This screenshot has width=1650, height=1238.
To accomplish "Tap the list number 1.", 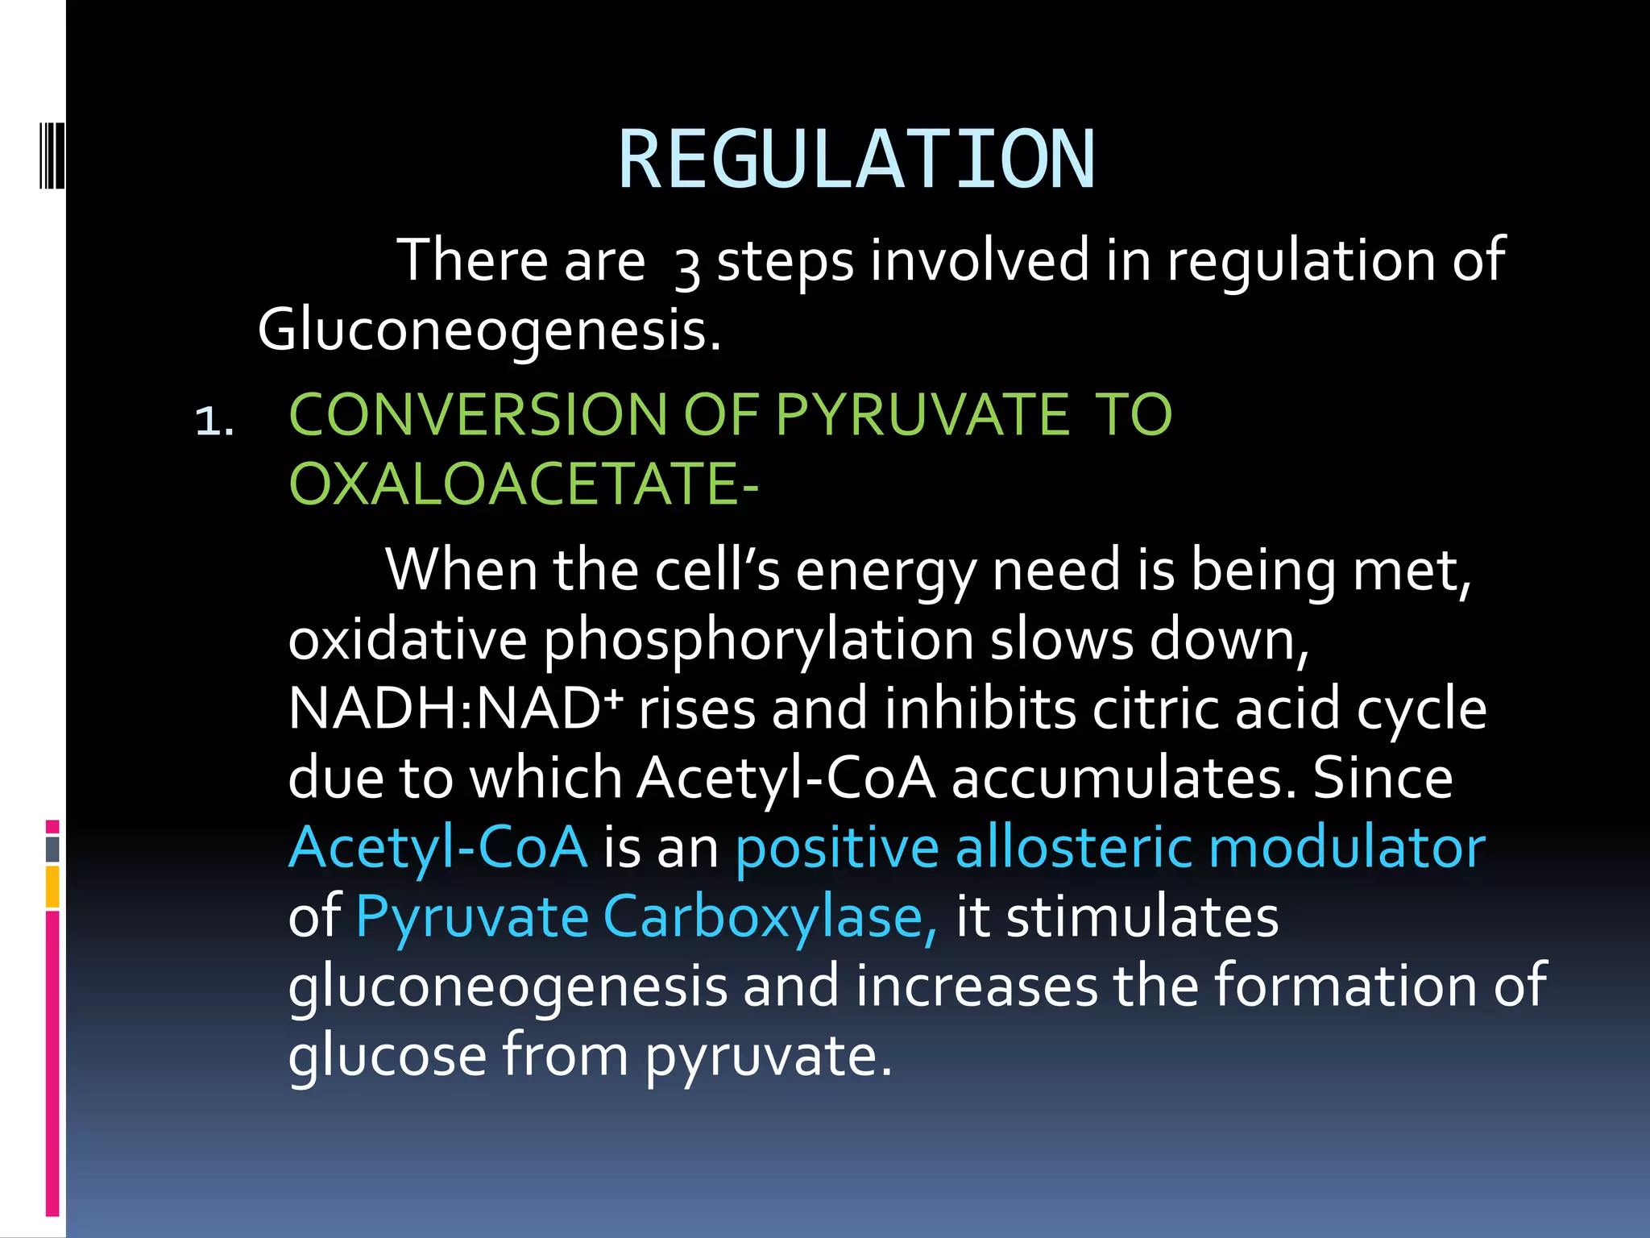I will (215, 421).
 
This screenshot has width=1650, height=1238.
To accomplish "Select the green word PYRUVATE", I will (922, 414).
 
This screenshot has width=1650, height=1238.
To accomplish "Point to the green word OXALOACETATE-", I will (524, 484).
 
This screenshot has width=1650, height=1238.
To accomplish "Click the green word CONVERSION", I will (478, 414).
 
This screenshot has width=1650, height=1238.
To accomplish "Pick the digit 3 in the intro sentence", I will (686, 266).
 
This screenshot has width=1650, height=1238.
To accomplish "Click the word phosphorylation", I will (758, 640).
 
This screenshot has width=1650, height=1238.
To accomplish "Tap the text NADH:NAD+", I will (456, 709).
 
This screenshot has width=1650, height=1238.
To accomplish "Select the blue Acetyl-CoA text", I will (438, 848).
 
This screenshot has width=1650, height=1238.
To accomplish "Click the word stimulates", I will (1142, 917).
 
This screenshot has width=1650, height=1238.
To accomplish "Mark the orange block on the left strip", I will (52, 887).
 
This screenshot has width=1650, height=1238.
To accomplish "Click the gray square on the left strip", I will (52, 849).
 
